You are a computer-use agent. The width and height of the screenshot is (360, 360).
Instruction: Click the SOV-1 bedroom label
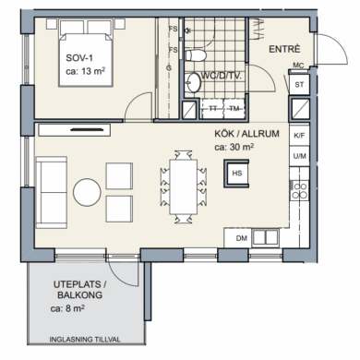79,58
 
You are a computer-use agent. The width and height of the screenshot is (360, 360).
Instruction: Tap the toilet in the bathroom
196,55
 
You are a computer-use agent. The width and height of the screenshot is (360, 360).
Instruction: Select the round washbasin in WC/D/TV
194,82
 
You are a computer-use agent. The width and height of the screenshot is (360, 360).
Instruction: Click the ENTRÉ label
284,49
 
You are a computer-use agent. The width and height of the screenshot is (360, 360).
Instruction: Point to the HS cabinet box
236,174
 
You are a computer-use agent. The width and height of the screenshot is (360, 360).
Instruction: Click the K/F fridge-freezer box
299,136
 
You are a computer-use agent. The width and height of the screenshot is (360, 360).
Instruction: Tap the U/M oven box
299,156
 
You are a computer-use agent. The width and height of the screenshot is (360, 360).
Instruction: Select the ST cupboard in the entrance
299,85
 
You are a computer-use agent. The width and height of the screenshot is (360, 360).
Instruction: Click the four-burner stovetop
299,190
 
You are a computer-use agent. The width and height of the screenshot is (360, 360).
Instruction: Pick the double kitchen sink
266,237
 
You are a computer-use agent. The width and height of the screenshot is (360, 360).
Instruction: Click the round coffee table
87,192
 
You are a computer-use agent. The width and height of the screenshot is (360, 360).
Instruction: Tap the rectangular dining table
184,186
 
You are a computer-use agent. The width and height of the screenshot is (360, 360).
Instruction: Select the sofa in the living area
52,193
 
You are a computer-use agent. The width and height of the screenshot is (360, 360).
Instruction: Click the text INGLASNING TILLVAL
85,340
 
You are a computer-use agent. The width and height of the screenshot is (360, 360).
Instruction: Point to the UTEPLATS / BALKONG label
80,290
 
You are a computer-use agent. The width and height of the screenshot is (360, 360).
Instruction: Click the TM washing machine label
234,109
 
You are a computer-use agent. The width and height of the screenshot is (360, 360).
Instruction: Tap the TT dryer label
213,109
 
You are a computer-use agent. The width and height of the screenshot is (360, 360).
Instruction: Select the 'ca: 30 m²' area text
234,148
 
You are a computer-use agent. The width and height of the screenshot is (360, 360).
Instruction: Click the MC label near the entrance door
298,66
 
